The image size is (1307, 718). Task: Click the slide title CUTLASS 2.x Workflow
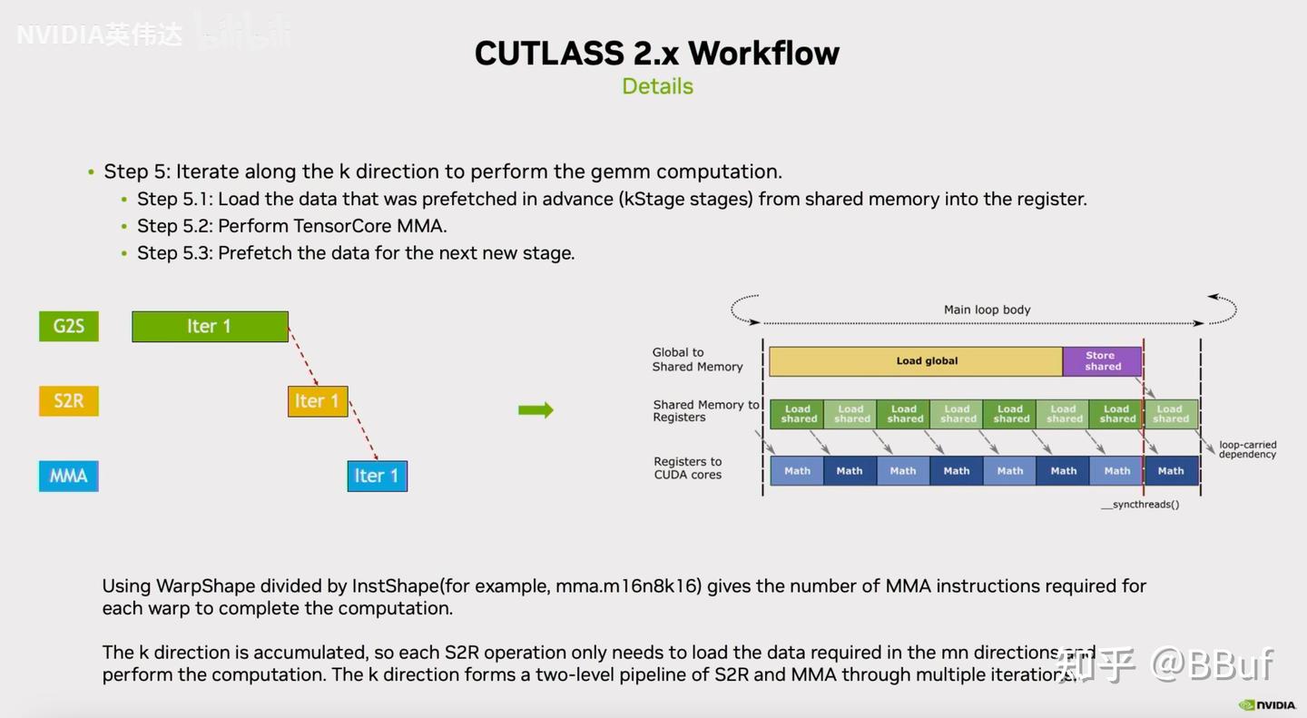point(656,54)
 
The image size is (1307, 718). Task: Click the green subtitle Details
point(657,86)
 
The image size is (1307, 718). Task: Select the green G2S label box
point(69,326)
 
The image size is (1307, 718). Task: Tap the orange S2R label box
point(69,401)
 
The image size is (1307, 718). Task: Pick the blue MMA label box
point(69,476)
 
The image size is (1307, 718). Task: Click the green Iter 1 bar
point(210,327)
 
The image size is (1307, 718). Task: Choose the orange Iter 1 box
point(318,401)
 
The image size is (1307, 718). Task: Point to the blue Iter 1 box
point(377,476)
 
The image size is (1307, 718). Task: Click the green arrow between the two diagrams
point(536,410)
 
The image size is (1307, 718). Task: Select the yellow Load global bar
point(915,361)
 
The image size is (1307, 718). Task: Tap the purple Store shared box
point(1102,361)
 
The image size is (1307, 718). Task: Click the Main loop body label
point(987,310)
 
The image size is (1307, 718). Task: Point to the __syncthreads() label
point(1139,505)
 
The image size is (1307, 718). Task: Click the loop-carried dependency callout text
point(1246,449)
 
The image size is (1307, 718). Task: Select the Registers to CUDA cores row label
point(687,468)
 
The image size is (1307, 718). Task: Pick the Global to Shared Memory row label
point(696,359)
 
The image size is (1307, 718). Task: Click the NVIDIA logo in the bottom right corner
point(1268,705)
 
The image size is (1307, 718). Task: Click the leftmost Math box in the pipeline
point(797,471)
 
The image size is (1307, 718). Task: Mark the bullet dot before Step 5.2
point(124,227)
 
